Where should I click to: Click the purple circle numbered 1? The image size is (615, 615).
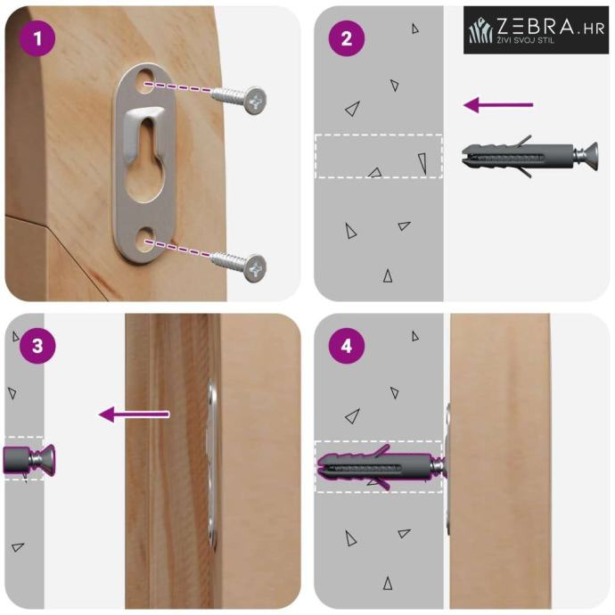point(37,38)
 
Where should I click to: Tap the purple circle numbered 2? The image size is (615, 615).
point(347,38)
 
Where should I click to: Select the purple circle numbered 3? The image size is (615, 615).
point(37,346)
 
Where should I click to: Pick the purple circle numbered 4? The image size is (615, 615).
point(347,346)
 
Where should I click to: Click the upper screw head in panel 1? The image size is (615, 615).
point(255,101)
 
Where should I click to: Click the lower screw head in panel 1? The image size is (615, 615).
point(255,268)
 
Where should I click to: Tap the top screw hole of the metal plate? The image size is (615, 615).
point(146,82)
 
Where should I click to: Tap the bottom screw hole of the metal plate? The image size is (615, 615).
point(146,240)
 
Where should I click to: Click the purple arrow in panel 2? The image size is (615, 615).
point(498,105)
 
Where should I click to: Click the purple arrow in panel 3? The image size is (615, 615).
point(134,414)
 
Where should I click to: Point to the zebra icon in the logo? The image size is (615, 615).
point(481,31)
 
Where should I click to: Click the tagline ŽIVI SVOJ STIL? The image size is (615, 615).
point(526,39)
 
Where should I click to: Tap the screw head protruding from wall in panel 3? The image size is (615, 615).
point(46,459)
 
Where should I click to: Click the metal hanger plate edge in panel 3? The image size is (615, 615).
point(212,462)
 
